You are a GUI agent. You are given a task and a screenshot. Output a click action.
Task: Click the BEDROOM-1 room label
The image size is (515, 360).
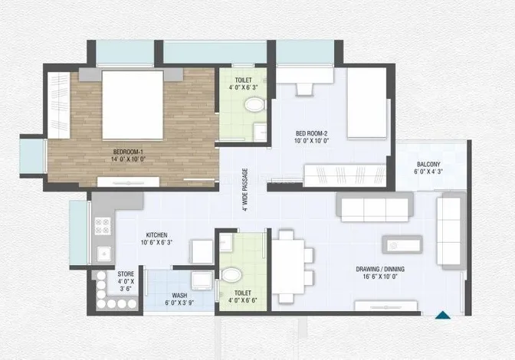[128, 152]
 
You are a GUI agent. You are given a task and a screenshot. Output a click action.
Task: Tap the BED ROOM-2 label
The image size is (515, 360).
[311, 133]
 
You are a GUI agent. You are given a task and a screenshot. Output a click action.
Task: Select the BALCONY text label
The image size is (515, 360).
[428, 164]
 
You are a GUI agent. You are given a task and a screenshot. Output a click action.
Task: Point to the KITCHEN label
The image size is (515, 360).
[156, 235]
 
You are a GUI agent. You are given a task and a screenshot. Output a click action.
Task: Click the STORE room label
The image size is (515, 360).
[126, 273]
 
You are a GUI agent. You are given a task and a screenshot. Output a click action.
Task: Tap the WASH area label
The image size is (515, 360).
[179, 296]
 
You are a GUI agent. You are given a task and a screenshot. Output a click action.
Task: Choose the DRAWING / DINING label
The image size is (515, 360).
[380, 269]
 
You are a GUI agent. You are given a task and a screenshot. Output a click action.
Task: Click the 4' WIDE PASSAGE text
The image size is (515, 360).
[245, 190]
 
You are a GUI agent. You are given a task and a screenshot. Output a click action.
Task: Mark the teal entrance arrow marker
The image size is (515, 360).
[443, 315]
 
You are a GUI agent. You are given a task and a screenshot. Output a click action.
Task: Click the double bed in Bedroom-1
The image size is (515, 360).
[133, 104]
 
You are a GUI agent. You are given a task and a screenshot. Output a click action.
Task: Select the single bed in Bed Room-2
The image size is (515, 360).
[367, 103]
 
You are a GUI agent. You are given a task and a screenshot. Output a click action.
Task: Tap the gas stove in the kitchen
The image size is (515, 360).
[103, 226]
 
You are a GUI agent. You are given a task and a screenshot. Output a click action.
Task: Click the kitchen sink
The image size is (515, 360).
[104, 254]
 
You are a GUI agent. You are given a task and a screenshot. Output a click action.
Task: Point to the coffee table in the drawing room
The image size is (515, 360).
[402, 244]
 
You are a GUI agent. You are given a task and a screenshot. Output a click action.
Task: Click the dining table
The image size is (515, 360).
[288, 267]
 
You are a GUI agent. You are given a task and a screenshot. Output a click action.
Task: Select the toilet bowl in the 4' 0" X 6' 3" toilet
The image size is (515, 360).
[255, 105]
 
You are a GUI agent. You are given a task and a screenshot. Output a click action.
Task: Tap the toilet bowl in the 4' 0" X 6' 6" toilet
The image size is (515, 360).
[231, 274]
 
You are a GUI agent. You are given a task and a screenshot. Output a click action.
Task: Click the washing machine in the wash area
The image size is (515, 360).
[202, 280]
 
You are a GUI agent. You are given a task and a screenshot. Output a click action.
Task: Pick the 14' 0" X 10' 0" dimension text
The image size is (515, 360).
[128, 159]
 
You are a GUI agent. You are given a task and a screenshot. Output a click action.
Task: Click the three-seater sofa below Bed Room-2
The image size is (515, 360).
[375, 208]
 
